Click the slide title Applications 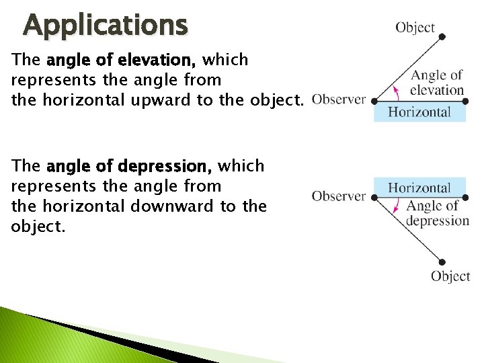point(106,26)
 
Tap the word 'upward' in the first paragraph point(181,101)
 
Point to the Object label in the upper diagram point(415,28)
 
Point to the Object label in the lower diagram point(450,276)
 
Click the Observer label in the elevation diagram point(339,99)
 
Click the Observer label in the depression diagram point(339,196)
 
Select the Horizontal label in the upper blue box point(419,112)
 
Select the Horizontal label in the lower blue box point(419,188)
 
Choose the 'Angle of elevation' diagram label point(437,83)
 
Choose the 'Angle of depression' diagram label point(436,213)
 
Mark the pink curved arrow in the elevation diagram point(397,91)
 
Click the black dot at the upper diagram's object point(442,38)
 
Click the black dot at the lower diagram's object point(442,261)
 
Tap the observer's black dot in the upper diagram point(374,102)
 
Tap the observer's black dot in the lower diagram point(374,196)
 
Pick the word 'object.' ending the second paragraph point(38,226)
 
